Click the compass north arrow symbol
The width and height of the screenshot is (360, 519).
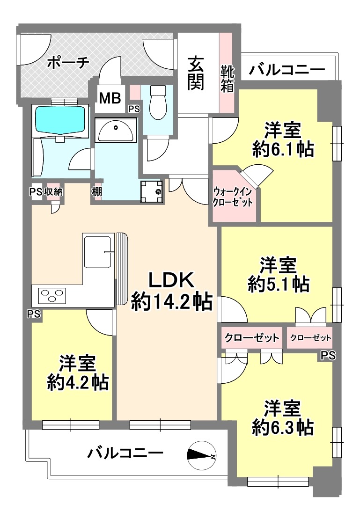202,456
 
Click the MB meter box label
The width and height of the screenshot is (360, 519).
110,98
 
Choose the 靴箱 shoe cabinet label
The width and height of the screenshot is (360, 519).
228,79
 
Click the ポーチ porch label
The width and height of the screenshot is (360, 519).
67,62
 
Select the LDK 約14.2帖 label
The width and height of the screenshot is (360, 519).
171,291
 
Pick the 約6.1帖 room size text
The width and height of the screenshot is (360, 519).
283,150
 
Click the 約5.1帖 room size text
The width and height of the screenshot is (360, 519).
279,284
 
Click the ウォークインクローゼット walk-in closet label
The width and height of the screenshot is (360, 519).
233,197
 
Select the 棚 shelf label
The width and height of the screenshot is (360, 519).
97,192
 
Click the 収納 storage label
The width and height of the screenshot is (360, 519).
53,191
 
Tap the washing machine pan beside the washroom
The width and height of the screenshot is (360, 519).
152,191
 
